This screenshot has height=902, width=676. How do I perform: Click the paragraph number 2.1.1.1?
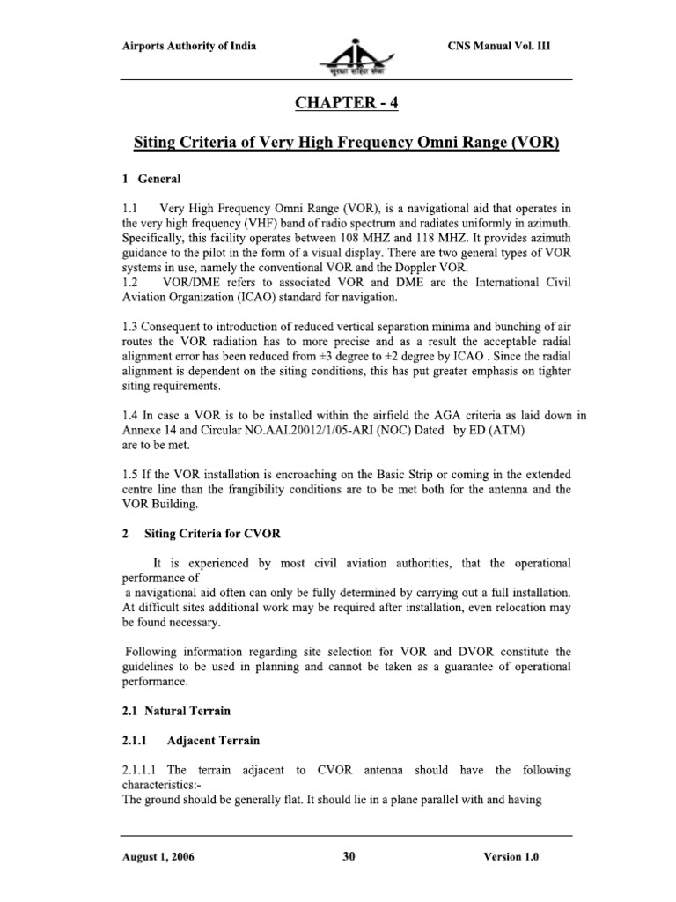(x=138, y=771)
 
